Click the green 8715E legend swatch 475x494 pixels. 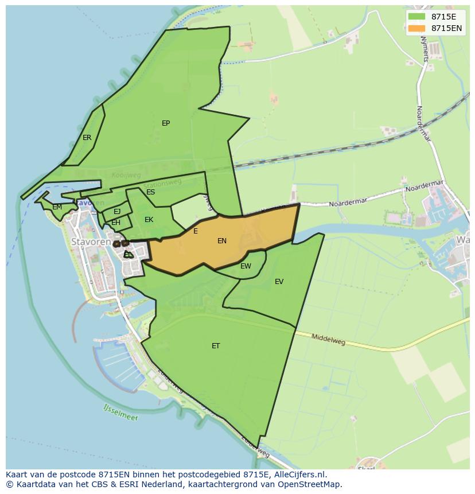pyautogui.click(x=416, y=17)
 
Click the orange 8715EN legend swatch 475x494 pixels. pyautogui.click(x=416, y=28)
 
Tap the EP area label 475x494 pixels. pyautogui.click(x=166, y=123)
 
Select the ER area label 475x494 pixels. pyautogui.click(x=87, y=138)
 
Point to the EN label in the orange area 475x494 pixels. pyautogui.click(x=222, y=241)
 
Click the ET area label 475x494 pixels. pyautogui.click(x=216, y=346)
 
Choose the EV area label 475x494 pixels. pyautogui.click(x=279, y=282)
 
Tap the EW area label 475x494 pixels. pyautogui.click(x=246, y=266)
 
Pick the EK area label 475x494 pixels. pyautogui.click(x=149, y=220)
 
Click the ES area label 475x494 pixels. pyautogui.click(x=150, y=192)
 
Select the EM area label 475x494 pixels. pyautogui.click(x=57, y=207)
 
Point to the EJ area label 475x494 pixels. pyautogui.click(x=117, y=212)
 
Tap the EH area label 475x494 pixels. pyautogui.click(x=116, y=223)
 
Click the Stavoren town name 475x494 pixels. pyautogui.click(x=91, y=242)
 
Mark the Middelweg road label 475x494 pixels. pyautogui.click(x=328, y=339)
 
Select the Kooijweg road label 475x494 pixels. pyautogui.click(x=126, y=175)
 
